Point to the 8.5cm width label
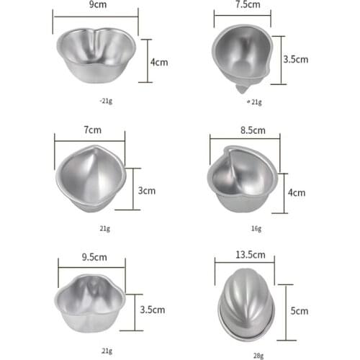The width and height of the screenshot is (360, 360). (248, 131)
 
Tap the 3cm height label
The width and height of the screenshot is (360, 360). (147, 191)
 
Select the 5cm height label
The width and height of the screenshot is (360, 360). (300, 311)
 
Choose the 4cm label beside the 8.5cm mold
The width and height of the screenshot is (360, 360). (297, 192)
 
